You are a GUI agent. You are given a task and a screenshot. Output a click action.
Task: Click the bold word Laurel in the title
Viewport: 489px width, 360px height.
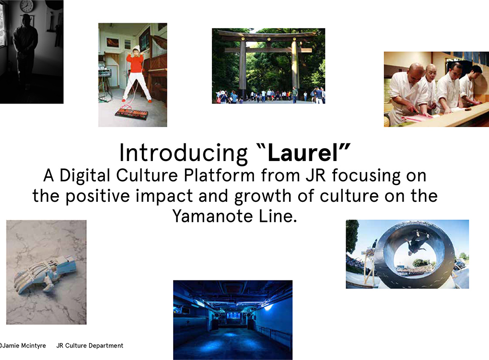coord(303,152)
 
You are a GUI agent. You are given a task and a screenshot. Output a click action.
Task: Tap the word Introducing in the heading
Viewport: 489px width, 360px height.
coord(183,153)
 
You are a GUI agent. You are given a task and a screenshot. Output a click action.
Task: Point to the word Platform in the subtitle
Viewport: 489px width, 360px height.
coord(219,175)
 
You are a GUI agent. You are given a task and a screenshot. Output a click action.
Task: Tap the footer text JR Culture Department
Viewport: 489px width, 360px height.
coord(90,346)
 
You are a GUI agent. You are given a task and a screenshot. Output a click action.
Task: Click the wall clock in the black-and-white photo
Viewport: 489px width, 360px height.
coord(27,5)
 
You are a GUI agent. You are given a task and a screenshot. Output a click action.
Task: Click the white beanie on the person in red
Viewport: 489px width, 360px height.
coord(136,48)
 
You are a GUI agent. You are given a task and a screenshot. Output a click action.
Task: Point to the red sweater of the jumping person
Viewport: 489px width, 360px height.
coord(135,63)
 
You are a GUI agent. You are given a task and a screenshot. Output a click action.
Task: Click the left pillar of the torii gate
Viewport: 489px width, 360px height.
coord(242,69)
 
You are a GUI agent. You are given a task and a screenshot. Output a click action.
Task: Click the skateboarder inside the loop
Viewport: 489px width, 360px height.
coord(418,241)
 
